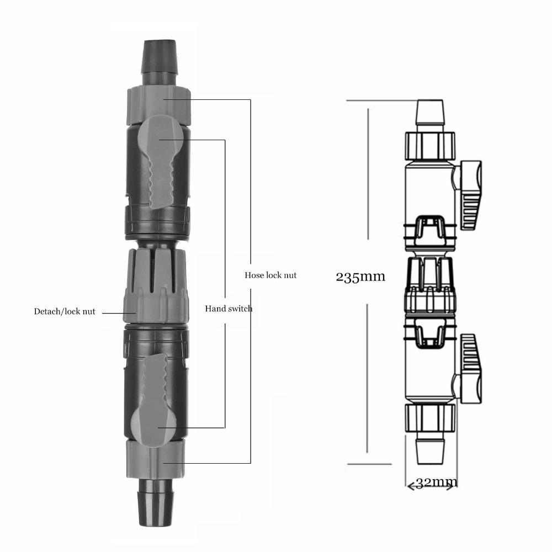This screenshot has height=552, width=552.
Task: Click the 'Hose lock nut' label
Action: coord(270,274)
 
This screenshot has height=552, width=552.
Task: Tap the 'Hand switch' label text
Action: coord(229,308)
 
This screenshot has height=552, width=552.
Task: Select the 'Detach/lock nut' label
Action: coord(65,312)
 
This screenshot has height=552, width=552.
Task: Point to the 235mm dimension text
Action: coord(360,277)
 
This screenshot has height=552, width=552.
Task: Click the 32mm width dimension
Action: coord(436,483)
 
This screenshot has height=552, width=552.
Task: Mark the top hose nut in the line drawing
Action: coord(431,145)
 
